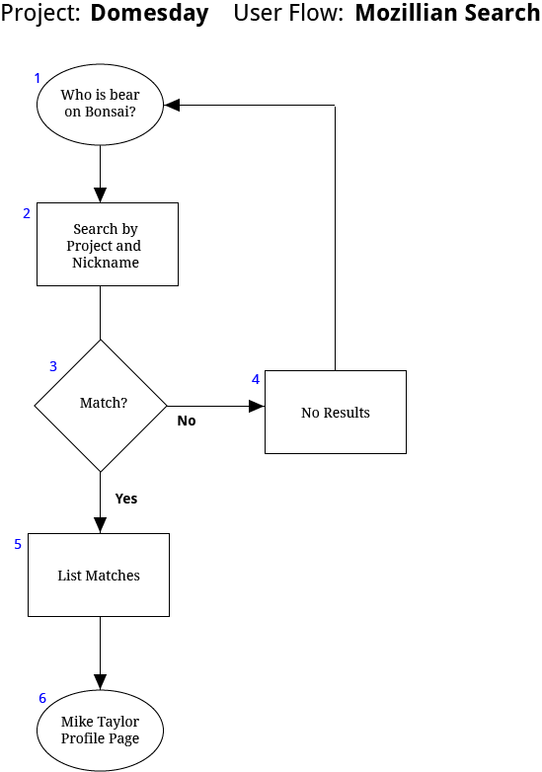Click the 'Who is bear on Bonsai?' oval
pos(100,105)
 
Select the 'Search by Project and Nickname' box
pos(108,244)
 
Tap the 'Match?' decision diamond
pos(101,406)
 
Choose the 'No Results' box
pos(336,412)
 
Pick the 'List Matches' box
pos(99,576)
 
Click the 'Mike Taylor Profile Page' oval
pos(100,731)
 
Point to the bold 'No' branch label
pos(187,421)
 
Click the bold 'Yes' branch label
pos(126,499)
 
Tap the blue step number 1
pos(37,78)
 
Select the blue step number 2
pos(27,213)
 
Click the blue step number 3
pos(53,366)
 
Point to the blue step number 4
pos(256,379)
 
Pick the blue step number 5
pos(18,544)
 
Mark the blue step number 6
pos(42,698)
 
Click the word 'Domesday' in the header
pos(150,13)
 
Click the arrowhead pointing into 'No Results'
pos(257,406)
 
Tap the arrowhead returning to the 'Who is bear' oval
pos(172,105)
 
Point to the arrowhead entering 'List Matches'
pos(101,525)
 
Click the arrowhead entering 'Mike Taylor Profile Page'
pos(101,682)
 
